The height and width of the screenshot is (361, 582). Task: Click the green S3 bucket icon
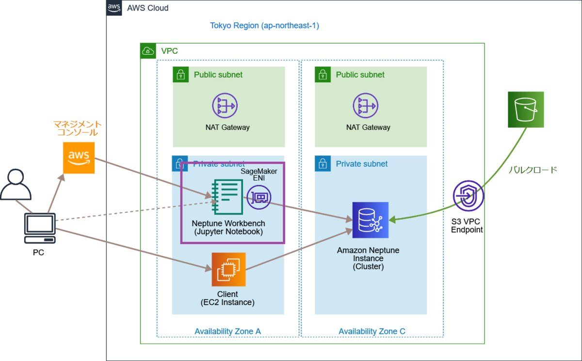(526, 110)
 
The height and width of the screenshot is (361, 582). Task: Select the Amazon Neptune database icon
(371, 220)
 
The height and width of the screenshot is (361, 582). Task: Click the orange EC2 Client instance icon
(228, 269)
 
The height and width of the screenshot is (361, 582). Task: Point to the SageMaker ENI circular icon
(259, 197)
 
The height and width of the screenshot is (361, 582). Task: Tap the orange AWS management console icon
(79, 157)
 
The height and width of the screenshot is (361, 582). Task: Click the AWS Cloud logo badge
(114, 8)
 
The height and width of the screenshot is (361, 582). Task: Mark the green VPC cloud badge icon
(148, 51)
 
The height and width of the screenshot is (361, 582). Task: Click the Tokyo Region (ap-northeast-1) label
(264, 25)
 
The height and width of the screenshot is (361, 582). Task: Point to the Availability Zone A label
(227, 331)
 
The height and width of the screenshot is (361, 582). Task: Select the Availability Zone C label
(372, 331)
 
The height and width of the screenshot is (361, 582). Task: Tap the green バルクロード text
(533, 170)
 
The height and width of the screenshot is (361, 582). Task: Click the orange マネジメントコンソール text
(78, 128)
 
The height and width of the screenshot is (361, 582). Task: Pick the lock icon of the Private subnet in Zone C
(323, 164)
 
